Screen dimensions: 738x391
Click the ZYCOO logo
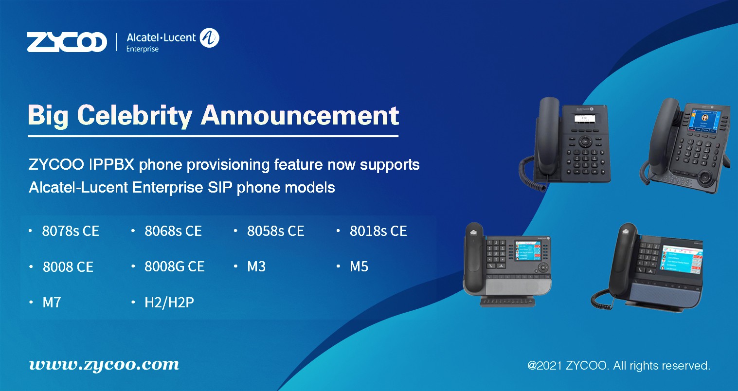tap(67, 42)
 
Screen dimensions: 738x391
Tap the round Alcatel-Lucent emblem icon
tap(210, 38)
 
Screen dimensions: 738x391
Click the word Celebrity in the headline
tap(134, 116)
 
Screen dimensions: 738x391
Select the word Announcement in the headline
tap(300, 115)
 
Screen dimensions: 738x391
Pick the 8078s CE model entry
tap(71, 231)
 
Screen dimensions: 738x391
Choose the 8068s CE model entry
tap(173, 231)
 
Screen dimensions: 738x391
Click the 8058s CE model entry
tap(276, 231)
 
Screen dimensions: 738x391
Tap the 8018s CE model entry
tap(378, 231)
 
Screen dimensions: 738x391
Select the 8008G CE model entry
tap(174, 267)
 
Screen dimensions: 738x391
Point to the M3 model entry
tap(256, 267)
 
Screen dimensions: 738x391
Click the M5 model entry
tap(359, 267)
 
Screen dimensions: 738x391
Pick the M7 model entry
tap(52, 302)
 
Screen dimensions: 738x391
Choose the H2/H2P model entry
tap(169, 302)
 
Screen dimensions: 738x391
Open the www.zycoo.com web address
tap(104, 365)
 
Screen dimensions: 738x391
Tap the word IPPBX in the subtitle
tap(112, 164)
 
